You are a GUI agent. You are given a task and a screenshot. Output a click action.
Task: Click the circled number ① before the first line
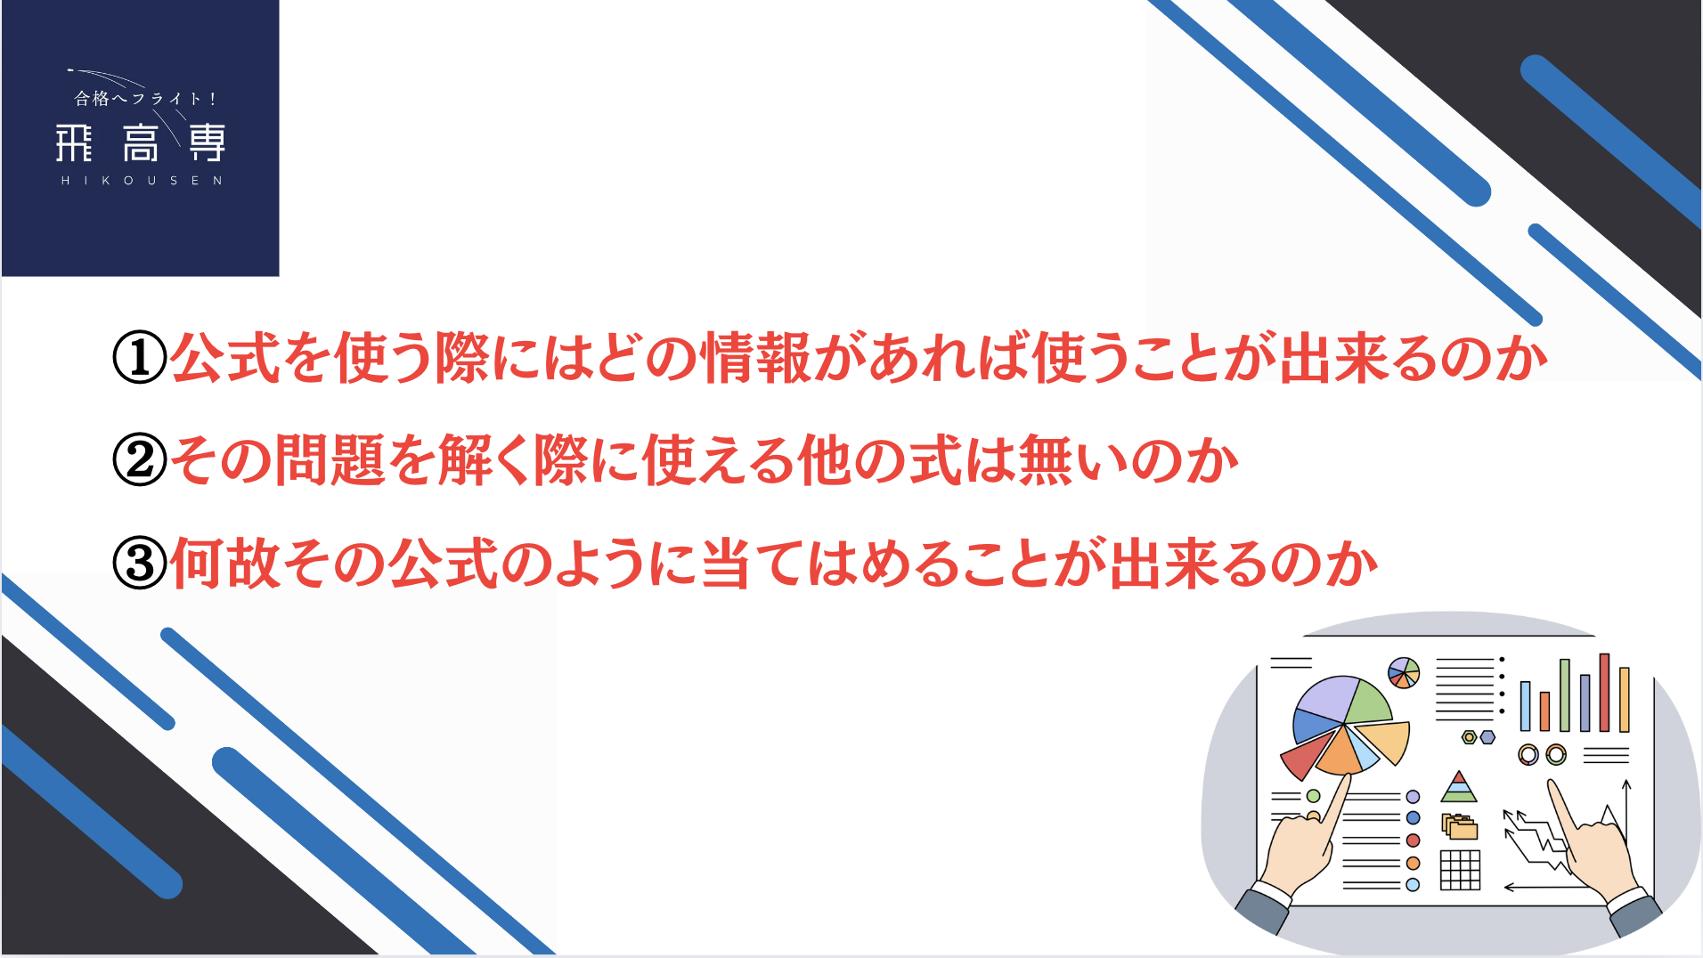[140, 357]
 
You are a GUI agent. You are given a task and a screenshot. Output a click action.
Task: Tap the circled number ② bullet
[140, 460]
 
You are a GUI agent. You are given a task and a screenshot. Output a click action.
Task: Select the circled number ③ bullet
[140, 563]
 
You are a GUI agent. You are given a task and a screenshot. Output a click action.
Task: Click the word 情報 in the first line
[756, 357]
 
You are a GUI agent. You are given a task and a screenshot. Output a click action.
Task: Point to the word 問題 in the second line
[330, 460]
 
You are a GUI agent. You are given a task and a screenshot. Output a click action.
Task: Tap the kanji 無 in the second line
[1046, 460]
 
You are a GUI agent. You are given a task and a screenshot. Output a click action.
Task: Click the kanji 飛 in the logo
[74, 143]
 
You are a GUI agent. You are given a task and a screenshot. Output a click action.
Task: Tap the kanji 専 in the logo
[208, 143]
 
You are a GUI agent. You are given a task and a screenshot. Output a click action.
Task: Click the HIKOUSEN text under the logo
[142, 181]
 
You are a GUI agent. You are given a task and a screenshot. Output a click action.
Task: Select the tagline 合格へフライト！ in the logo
[145, 99]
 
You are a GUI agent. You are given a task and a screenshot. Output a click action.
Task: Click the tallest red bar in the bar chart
[1604, 693]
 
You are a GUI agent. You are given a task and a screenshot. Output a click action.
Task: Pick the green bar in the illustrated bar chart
[1565, 695]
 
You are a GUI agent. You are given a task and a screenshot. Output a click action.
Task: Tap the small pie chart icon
[1404, 673]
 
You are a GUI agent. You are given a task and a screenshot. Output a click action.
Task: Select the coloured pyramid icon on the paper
[1458, 787]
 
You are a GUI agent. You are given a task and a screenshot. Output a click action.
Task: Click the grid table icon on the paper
[1461, 870]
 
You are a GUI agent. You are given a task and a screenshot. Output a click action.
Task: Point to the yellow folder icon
[1460, 827]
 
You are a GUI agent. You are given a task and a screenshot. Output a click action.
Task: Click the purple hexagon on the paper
[1487, 737]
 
